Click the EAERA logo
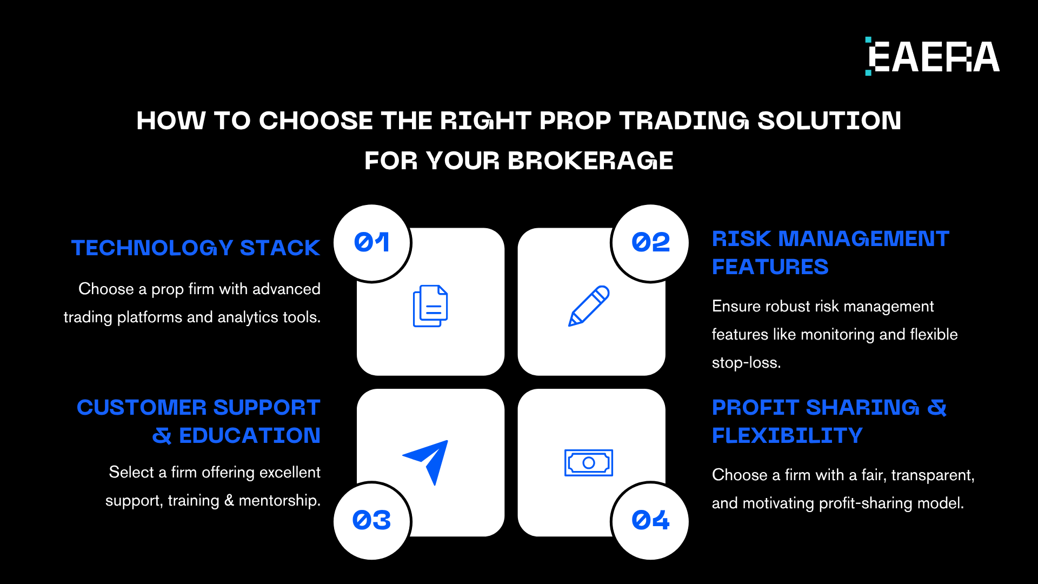pos(933,56)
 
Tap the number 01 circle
pos(372,243)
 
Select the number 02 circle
pos(650,243)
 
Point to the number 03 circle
pos(372,521)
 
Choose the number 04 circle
pos(650,521)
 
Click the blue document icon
pos(430,306)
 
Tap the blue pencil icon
pos(589,306)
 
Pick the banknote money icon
pos(589,463)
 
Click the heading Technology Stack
pos(196,248)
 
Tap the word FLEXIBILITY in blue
pos(787,435)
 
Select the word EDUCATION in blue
pos(250,435)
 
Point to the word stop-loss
pos(747,362)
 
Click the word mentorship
pos(280,500)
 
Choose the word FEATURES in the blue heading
pos(770,267)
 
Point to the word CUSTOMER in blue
pos(142,407)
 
